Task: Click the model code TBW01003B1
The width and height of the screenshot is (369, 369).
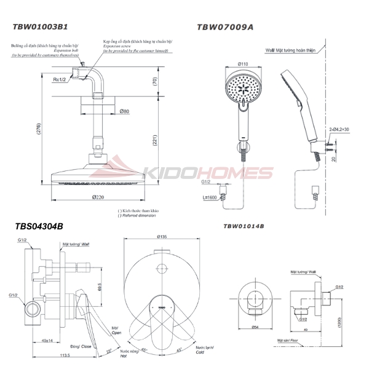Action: (41, 28)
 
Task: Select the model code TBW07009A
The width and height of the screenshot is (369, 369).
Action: (224, 27)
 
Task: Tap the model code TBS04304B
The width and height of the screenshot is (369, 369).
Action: (39, 226)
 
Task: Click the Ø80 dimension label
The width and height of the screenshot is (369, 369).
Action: (124, 111)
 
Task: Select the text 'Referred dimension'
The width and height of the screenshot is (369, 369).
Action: (140, 216)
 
